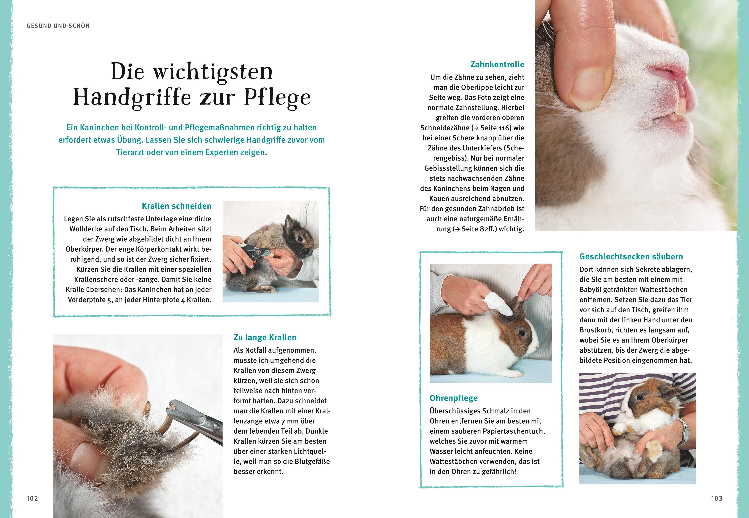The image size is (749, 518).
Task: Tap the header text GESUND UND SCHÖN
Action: pyautogui.click(x=58, y=26)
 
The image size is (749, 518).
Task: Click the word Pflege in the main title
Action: pyautogui.click(x=277, y=98)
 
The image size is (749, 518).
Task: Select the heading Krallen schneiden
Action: pyautogui.click(x=176, y=206)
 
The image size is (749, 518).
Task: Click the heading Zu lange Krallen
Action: pyautogui.click(x=265, y=337)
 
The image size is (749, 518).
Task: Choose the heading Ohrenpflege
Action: pyautogui.click(x=454, y=398)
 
